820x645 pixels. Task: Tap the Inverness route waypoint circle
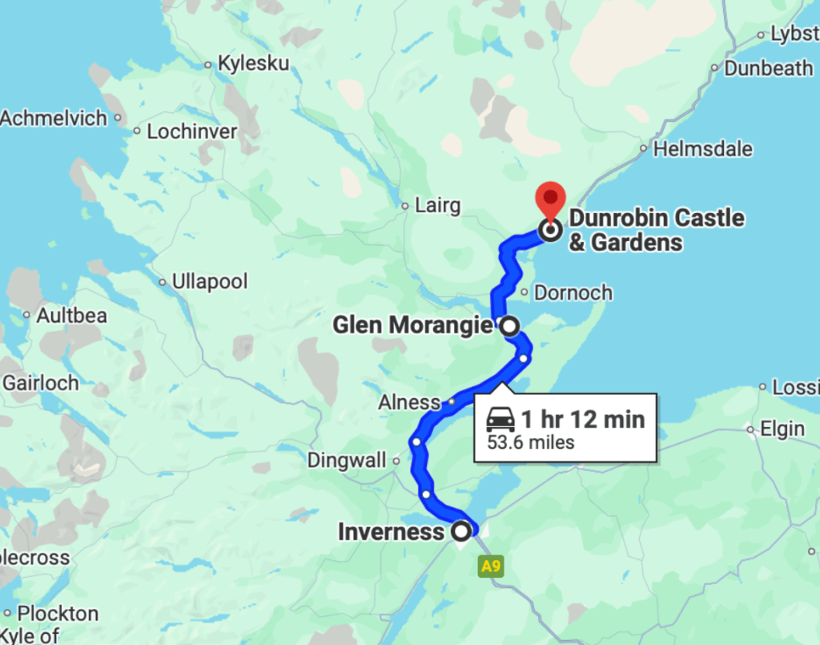pyautogui.click(x=461, y=531)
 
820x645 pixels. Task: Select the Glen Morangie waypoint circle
pyautogui.click(x=508, y=326)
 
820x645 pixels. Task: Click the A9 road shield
pyautogui.click(x=491, y=567)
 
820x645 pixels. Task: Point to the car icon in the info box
pyautogui.click(x=501, y=419)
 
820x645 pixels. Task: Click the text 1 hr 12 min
pyautogui.click(x=583, y=419)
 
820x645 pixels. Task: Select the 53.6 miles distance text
pyautogui.click(x=531, y=442)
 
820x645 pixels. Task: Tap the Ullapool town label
pyautogui.click(x=209, y=282)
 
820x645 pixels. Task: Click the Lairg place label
pyautogui.click(x=437, y=206)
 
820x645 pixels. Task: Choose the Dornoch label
pyautogui.click(x=573, y=292)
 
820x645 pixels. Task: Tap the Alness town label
pyautogui.click(x=409, y=402)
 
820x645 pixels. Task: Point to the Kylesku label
pyautogui.click(x=253, y=64)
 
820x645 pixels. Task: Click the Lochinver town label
pyautogui.click(x=192, y=131)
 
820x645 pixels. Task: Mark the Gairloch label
pyautogui.click(x=41, y=383)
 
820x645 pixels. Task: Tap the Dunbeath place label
pyautogui.click(x=768, y=69)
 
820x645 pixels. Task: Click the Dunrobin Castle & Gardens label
pyautogui.click(x=656, y=230)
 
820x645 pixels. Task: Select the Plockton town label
pyautogui.click(x=58, y=614)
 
